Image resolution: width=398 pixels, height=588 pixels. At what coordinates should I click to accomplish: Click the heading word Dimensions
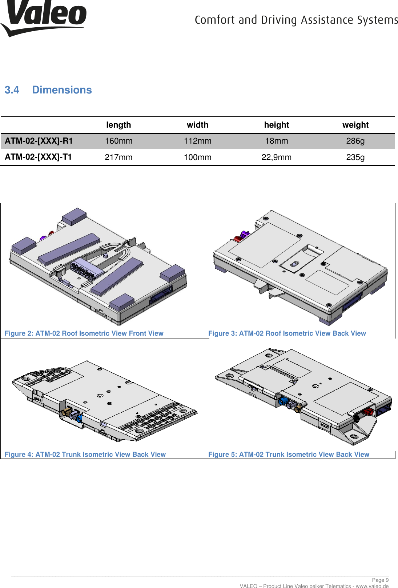(62, 90)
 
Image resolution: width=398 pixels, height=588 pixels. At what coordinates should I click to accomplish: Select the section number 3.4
(12, 90)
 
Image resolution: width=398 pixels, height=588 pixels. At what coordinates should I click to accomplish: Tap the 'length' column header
(118, 125)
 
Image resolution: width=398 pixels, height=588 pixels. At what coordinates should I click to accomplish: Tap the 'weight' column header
(355, 125)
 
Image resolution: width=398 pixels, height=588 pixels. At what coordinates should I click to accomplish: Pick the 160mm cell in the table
(118, 141)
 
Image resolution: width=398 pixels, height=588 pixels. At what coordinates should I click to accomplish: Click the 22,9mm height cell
(276, 157)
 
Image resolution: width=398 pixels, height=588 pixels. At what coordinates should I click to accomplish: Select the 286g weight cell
(355, 141)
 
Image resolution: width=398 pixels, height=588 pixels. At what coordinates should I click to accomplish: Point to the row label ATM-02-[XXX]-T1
(38, 157)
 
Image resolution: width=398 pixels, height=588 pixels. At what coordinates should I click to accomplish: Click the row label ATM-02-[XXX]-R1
(39, 141)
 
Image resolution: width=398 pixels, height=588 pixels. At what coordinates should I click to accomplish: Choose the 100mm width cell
(197, 157)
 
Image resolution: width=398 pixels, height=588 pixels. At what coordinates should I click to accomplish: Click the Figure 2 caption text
(84, 333)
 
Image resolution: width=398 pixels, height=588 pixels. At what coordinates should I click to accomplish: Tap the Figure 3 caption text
(287, 333)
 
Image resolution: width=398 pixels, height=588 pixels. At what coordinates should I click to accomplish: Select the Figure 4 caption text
(85, 454)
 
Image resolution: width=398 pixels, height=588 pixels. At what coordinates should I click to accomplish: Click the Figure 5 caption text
(289, 454)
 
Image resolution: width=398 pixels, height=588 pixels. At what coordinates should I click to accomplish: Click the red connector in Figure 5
(368, 412)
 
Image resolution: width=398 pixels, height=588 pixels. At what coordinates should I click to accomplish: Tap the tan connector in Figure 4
(67, 412)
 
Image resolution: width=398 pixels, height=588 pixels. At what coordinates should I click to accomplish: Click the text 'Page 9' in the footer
(380, 580)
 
